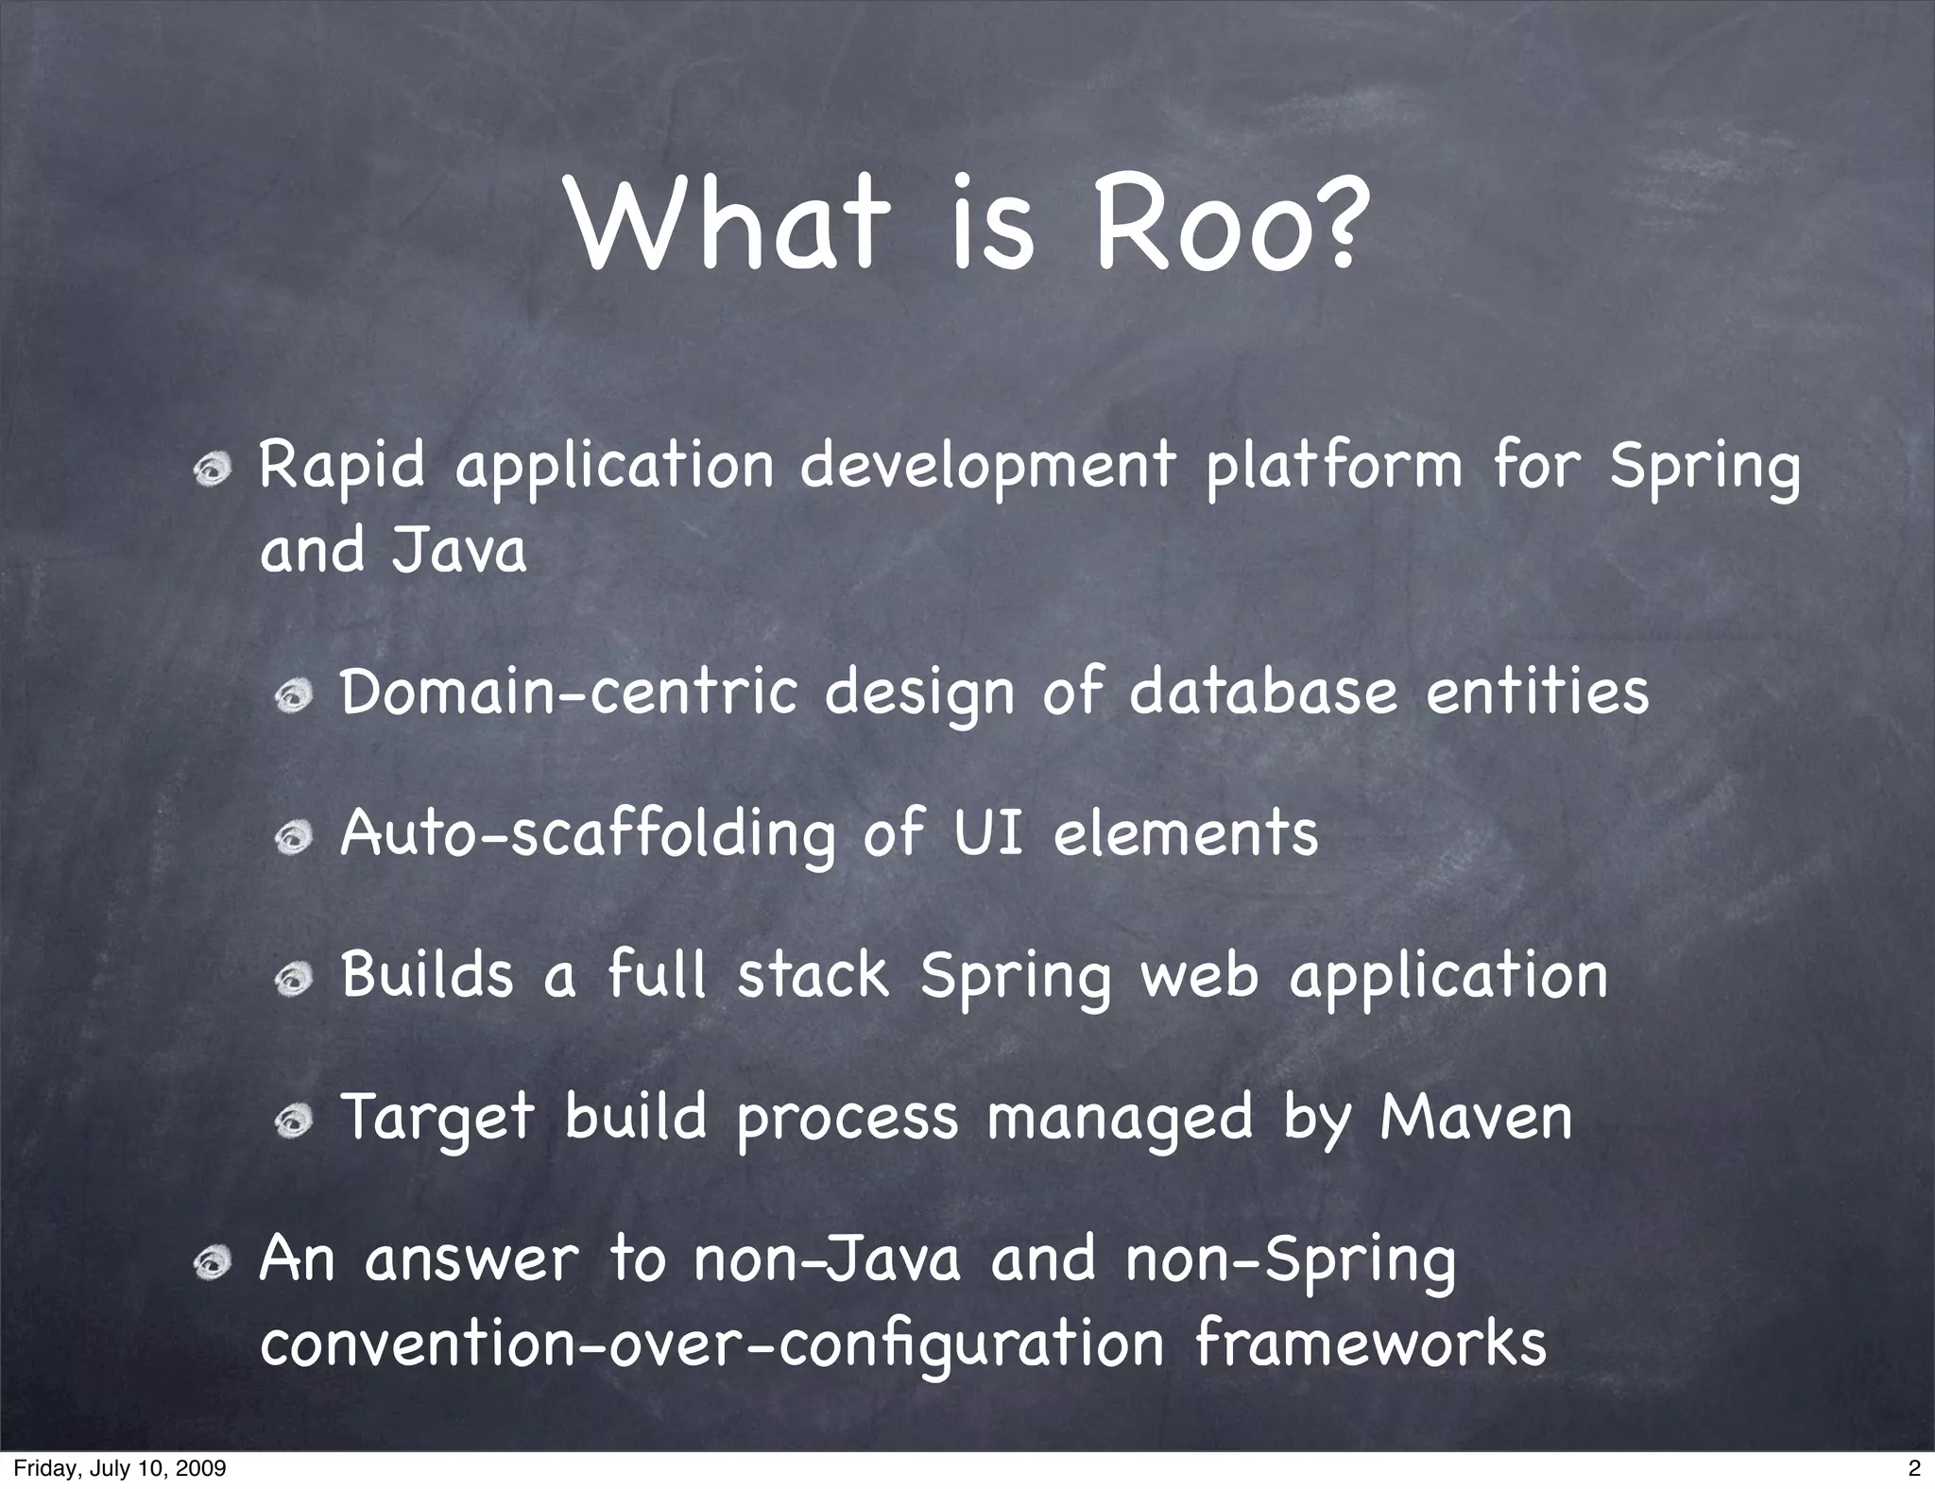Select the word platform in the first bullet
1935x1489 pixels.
pyautogui.click(x=1332, y=468)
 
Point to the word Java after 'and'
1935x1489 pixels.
pyautogui.click(x=459, y=551)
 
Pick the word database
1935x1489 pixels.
pyautogui.click(x=1263, y=692)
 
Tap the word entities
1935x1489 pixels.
pyautogui.click(x=1537, y=692)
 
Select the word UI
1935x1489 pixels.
pyautogui.click(x=989, y=833)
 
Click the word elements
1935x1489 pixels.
pyautogui.click(x=1186, y=833)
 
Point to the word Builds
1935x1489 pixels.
pyautogui.click(x=427, y=975)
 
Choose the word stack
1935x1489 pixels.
pyautogui.click(x=813, y=975)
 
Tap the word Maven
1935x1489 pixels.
pyautogui.click(x=1476, y=1117)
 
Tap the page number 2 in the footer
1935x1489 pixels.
pyautogui.click(x=1914, y=1468)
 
